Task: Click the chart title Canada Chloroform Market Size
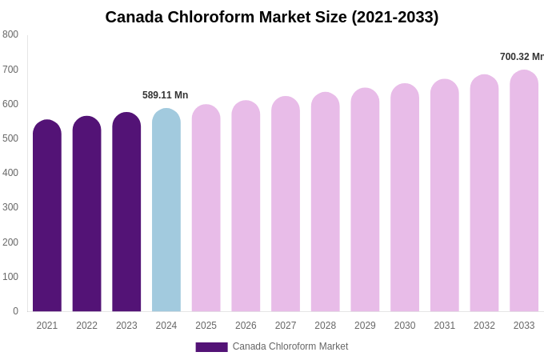pos(272,17)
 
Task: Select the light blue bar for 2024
pos(166,212)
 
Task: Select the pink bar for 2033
pos(524,192)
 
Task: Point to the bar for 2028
pos(326,203)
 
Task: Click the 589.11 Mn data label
pos(166,95)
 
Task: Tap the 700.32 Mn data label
pos(522,57)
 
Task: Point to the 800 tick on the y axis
pos(10,34)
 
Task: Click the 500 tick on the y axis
pos(10,138)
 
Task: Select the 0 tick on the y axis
pos(15,311)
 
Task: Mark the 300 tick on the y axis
pos(10,207)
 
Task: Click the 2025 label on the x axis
pos(206,326)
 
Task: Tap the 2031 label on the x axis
pos(445,326)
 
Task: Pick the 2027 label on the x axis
pos(286,326)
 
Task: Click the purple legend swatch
pos(211,347)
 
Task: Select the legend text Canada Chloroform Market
pos(290,346)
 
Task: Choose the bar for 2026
pos(246,207)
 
